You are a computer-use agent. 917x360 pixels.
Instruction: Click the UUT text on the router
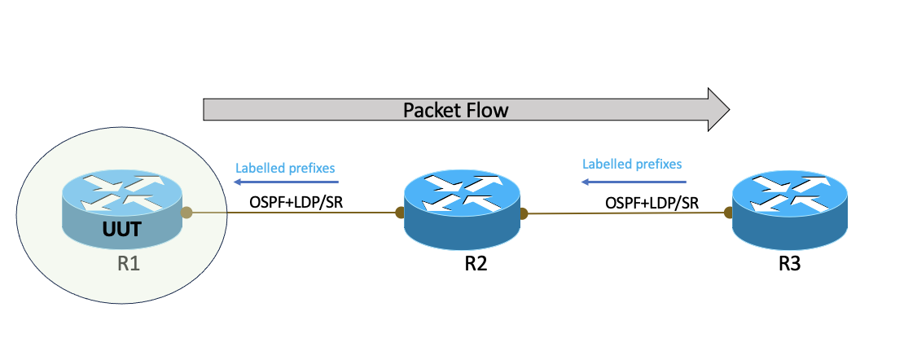click(123, 230)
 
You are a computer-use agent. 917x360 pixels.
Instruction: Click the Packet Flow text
click(455, 110)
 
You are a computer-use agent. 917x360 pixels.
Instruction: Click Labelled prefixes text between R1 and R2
click(285, 168)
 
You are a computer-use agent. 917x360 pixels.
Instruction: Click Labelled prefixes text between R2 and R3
click(632, 164)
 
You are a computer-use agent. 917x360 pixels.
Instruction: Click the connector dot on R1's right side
click(186, 213)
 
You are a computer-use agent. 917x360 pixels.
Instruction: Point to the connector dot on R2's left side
click(400, 213)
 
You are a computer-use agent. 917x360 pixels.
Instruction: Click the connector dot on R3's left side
click(727, 213)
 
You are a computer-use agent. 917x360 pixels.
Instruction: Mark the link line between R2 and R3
click(625, 214)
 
